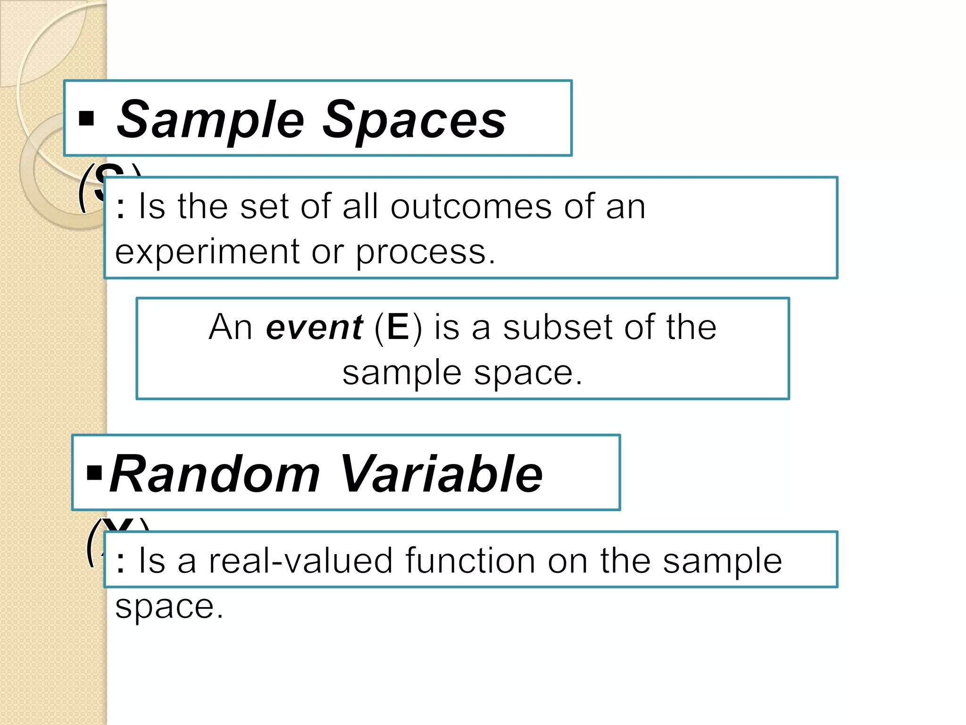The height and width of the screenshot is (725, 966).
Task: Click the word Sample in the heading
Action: click(x=210, y=121)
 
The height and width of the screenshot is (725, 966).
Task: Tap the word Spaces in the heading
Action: click(x=414, y=121)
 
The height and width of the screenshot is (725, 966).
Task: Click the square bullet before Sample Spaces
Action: click(x=86, y=118)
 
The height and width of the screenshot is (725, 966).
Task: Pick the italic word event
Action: click(x=314, y=327)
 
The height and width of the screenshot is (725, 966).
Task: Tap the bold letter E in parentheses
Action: click(x=398, y=327)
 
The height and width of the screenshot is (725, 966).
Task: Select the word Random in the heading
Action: click(x=215, y=474)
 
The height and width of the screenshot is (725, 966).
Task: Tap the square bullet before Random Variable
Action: click(x=94, y=472)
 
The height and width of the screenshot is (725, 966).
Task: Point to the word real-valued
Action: click(x=300, y=561)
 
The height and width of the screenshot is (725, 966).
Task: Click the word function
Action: click(x=470, y=561)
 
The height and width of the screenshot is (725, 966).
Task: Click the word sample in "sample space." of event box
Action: click(x=401, y=373)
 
